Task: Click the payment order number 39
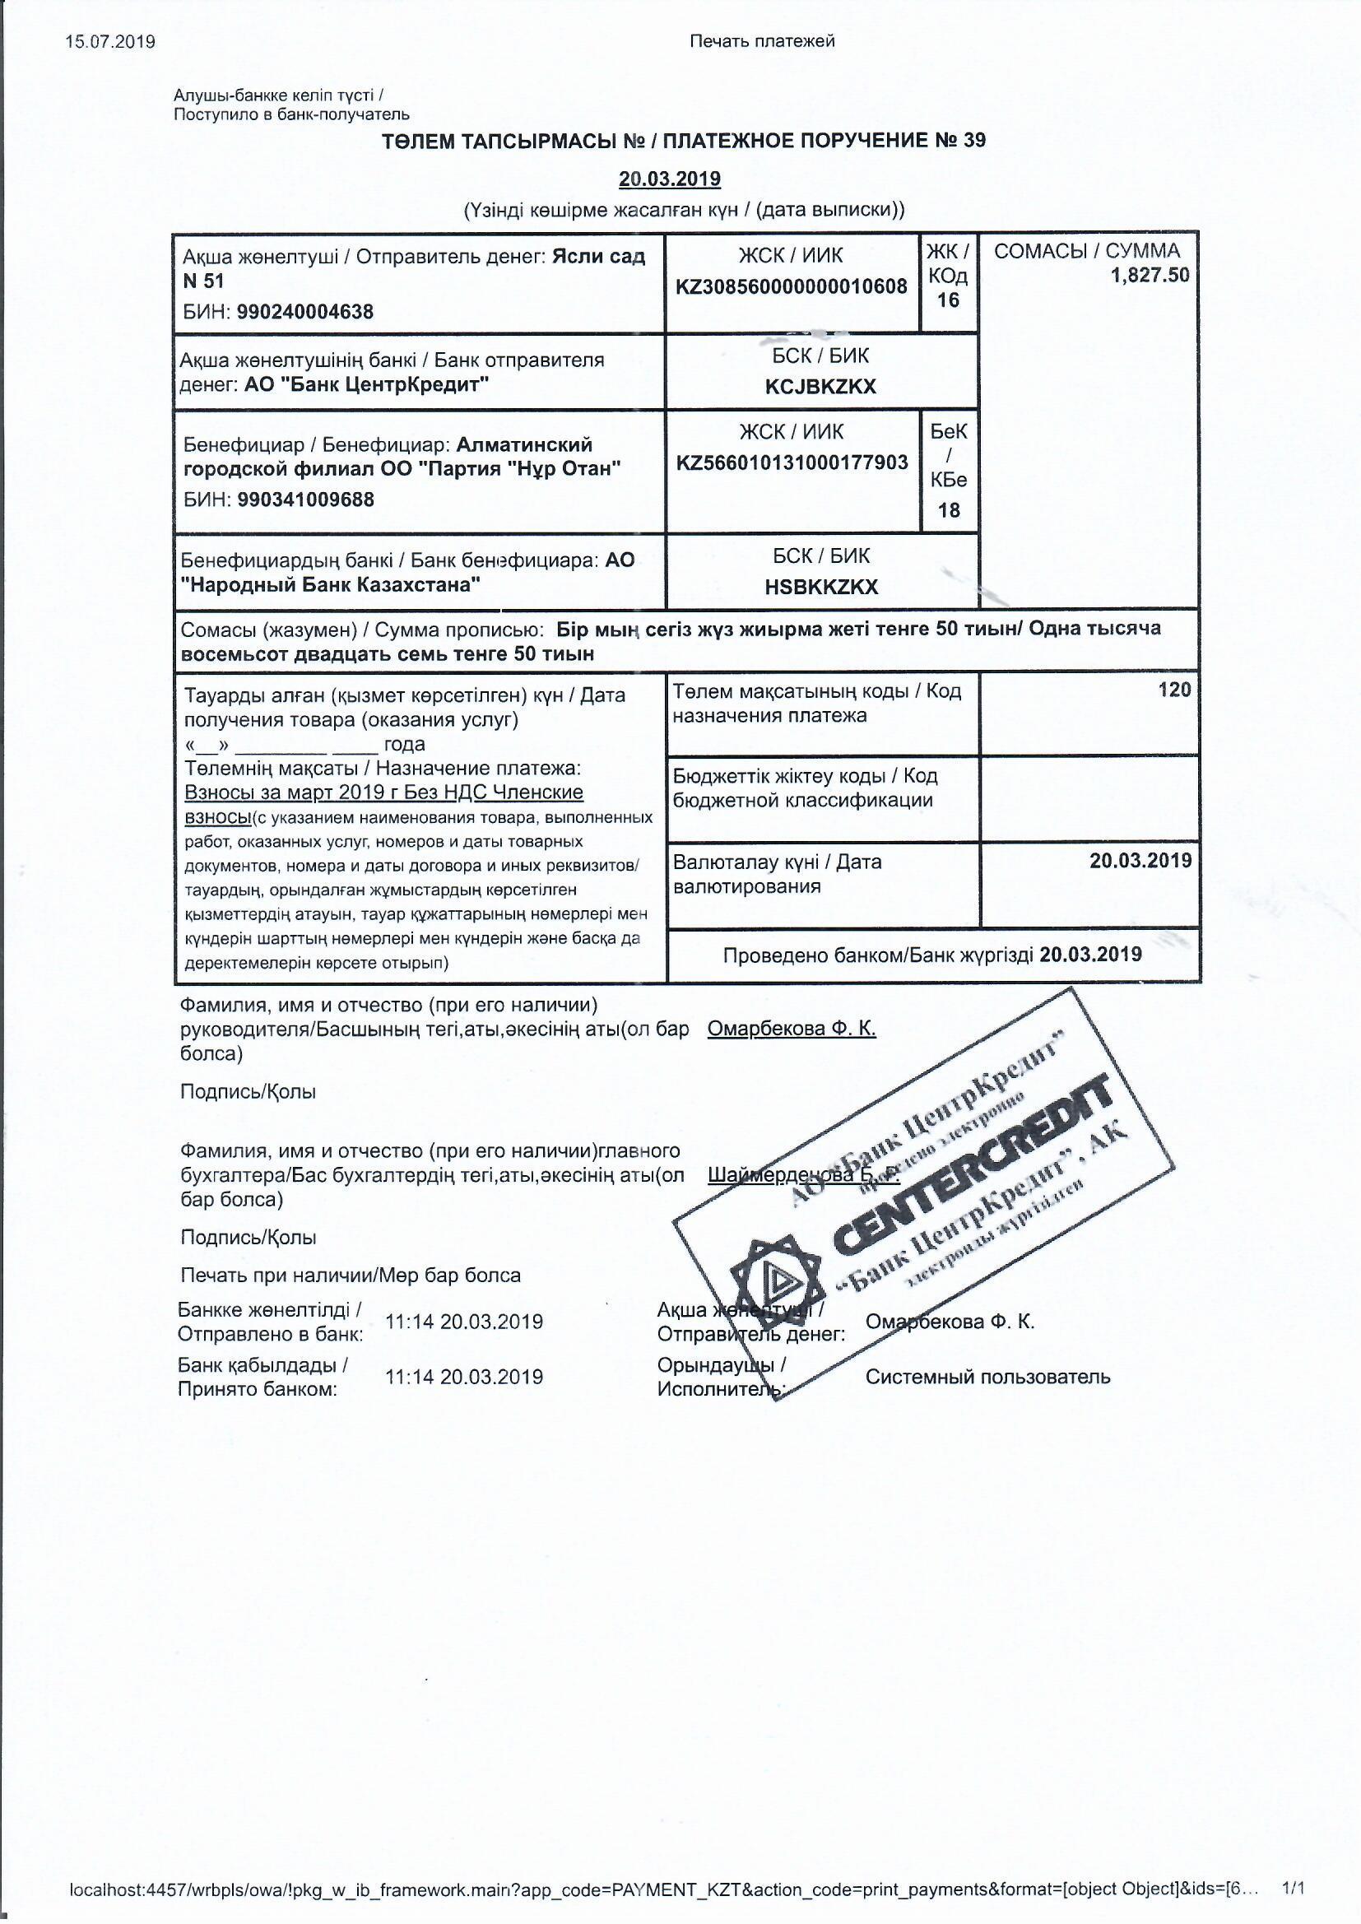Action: click(973, 140)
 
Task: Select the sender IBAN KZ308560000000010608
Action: click(791, 286)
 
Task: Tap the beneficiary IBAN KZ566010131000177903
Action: click(791, 462)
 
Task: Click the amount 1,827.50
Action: click(1150, 276)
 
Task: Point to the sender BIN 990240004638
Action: click(305, 312)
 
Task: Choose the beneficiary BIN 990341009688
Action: click(305, 500)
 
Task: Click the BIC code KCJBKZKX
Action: click(820, 386)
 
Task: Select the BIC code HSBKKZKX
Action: click(820, 587)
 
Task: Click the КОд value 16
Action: click(948, 300)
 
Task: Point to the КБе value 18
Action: click(948, 509)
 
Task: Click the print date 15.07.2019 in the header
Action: click(110, 41)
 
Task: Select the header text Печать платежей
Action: click(762, 41)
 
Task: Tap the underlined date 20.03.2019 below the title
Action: click(670, 179)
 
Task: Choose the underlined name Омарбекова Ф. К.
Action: click(791, 1028)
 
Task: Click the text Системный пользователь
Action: click(987, 1376)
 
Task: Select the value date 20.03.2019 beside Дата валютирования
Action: click(1140, 861)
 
